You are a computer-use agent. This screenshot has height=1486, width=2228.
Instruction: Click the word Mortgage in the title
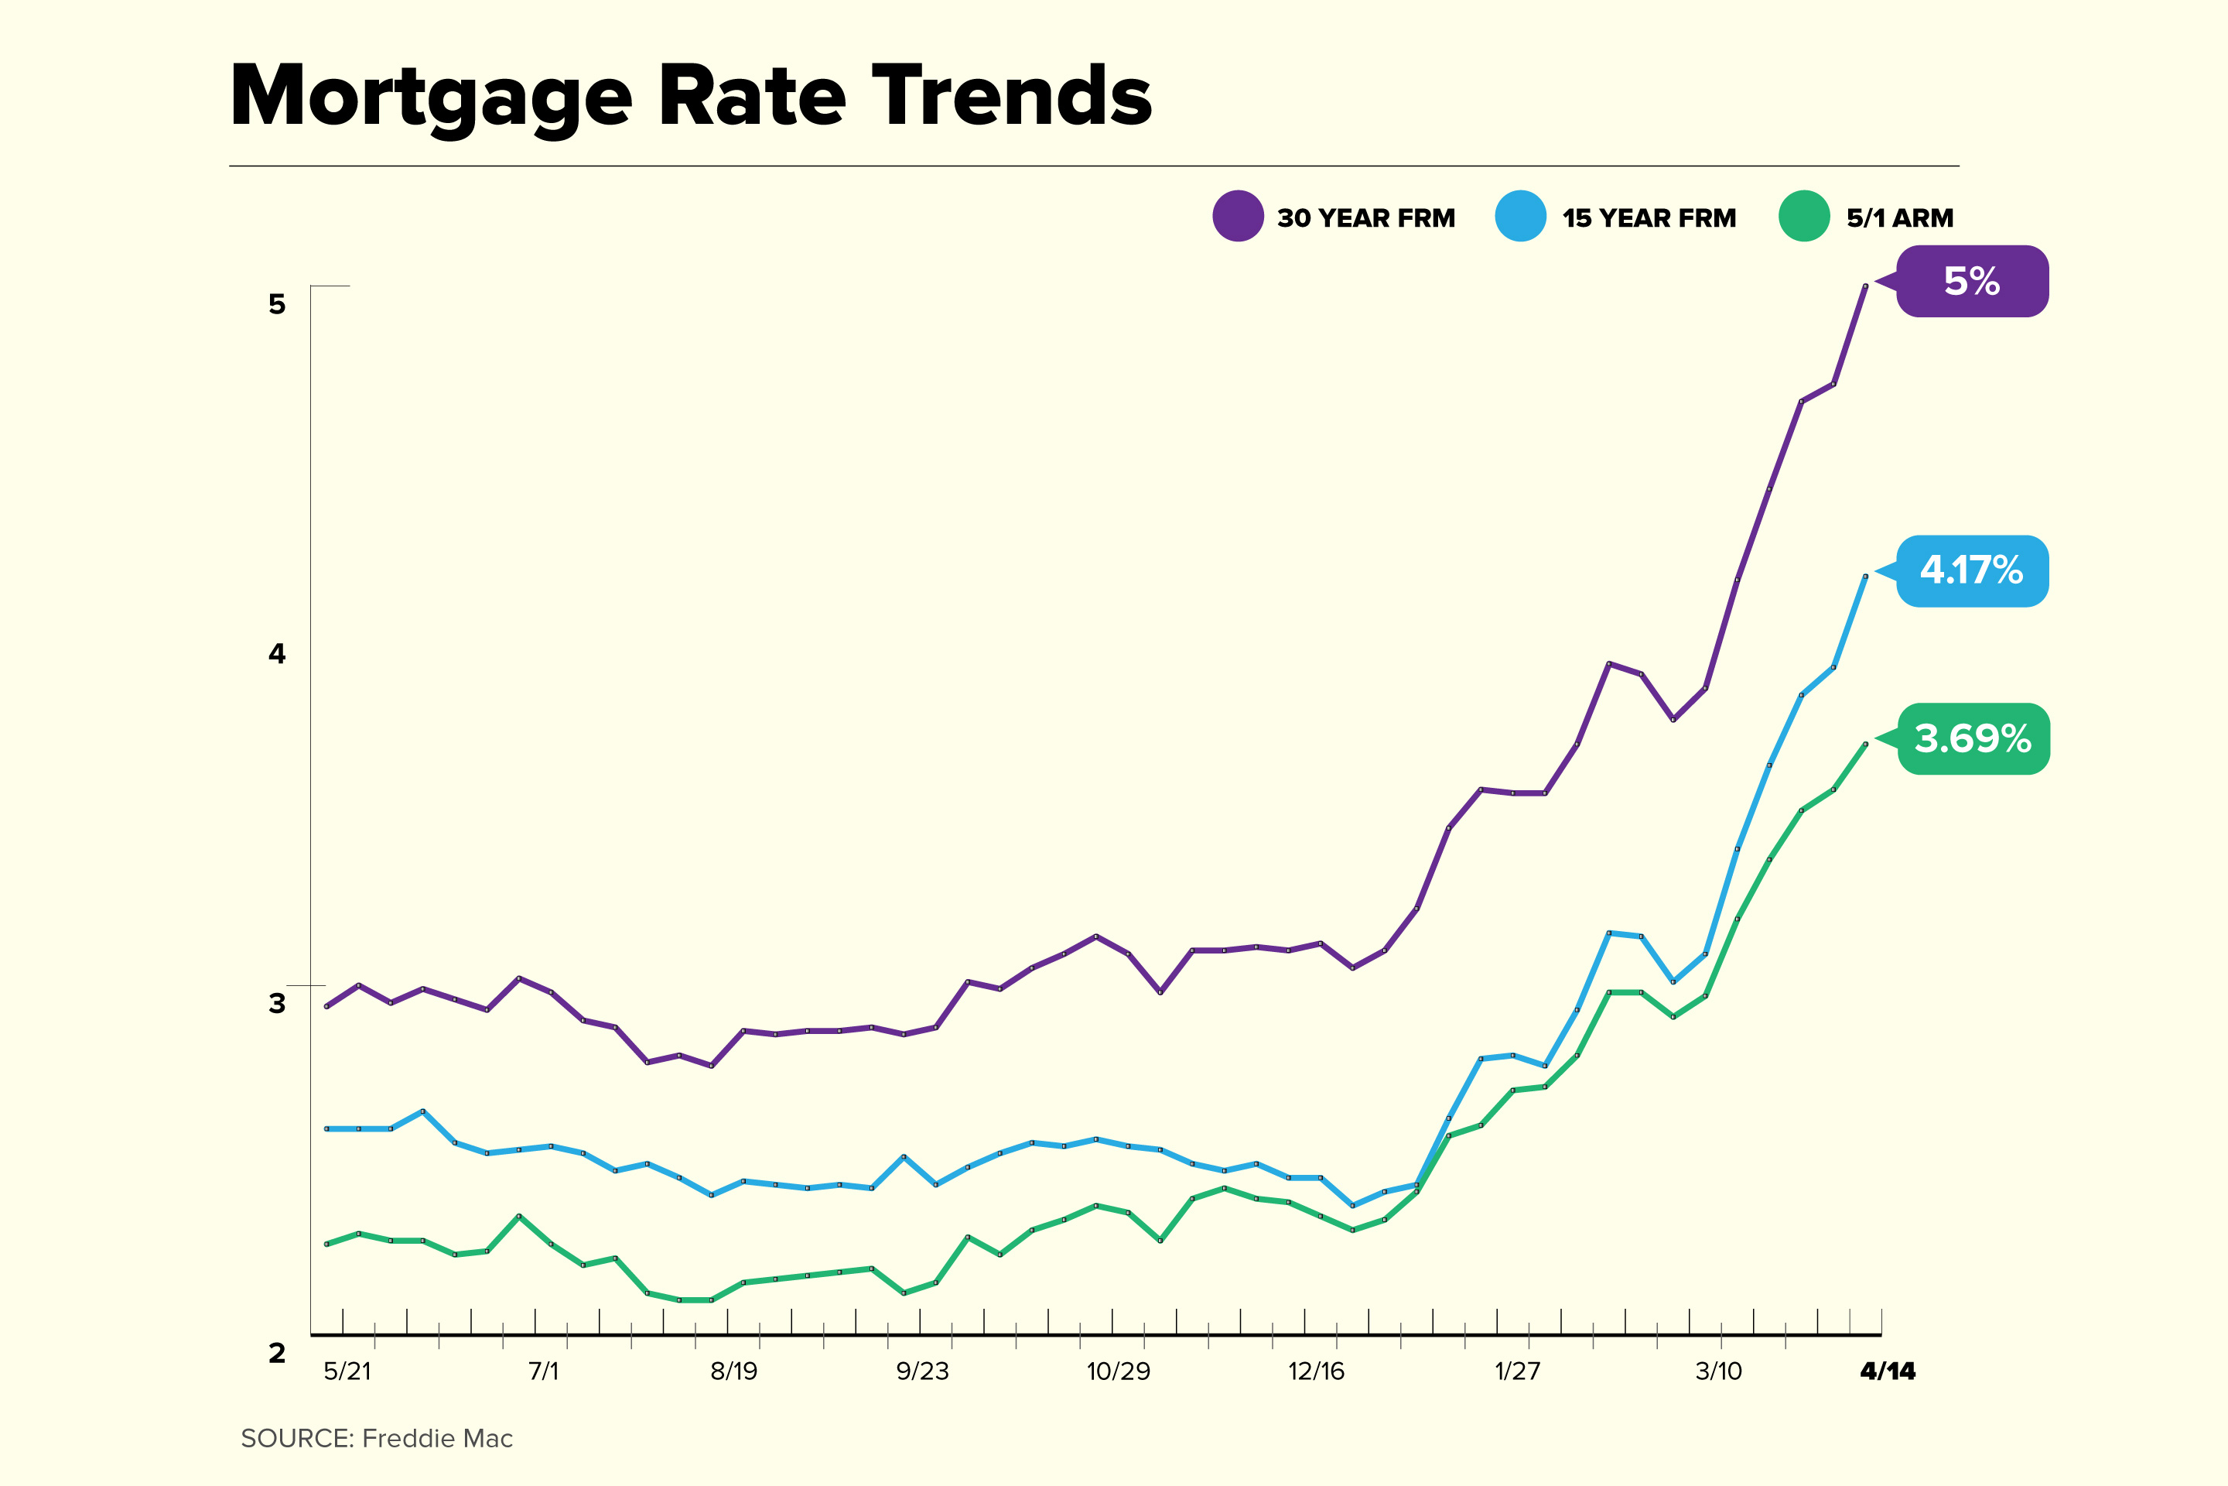pos(431,98)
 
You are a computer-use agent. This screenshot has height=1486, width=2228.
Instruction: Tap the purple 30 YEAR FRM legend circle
pos(1237,216)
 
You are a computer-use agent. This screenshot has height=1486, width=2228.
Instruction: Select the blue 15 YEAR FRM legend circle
pos(1520,216)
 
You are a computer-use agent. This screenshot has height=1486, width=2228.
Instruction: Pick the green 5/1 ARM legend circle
pos(1803,216)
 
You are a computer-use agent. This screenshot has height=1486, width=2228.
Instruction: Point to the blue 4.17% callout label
pos(1972,570)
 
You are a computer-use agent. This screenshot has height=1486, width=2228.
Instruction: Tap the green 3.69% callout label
pos(1973,738)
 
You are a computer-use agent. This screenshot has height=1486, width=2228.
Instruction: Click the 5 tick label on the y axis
pos(277,304)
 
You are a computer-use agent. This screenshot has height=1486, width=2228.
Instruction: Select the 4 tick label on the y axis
pos(277,653)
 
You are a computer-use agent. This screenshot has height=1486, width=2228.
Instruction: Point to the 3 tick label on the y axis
pos(277,1003)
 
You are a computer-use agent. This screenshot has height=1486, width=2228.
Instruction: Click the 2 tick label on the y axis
pos(277,1352)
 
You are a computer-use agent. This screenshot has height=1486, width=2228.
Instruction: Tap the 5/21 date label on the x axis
pos(347,1371)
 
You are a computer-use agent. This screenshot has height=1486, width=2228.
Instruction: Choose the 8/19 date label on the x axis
pos(734,1371)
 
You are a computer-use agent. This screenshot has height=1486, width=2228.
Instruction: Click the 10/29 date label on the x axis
pos(1118,1371)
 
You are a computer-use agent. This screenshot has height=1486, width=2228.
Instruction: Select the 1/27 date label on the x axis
pos(1518,1371)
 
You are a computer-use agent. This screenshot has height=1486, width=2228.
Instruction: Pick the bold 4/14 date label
pos(1887,1371)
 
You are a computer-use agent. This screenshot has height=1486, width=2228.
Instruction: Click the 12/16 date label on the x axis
pos(1316,1371)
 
